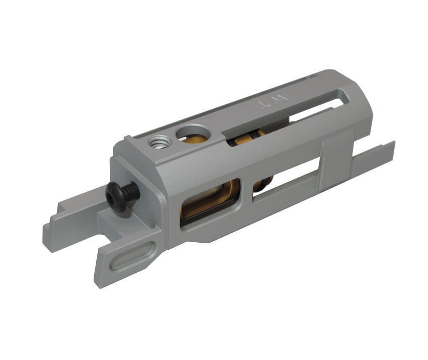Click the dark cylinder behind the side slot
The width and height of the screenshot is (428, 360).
(262, 184)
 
